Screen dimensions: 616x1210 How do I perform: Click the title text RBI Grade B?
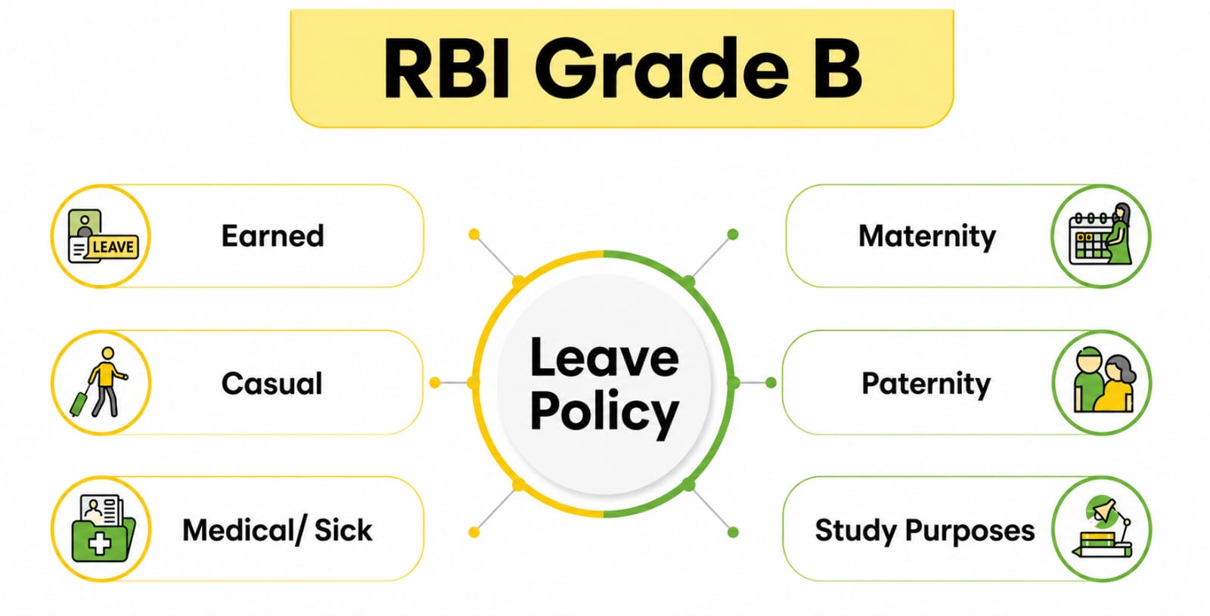(622, 68)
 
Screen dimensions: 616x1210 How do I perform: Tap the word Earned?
(272, 236)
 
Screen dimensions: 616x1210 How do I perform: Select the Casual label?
(271, 383)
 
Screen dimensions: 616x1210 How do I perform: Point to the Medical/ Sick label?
(277, 530)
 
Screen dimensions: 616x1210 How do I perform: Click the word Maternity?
(926, 236)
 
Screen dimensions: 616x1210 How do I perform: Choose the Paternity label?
(926, 383)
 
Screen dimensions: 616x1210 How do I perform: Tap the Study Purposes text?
(924, 530)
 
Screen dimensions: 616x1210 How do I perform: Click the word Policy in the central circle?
(603, 412)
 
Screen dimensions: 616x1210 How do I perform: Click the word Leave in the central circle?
(603, 358)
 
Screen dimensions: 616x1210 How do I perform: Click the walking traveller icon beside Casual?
(102, 382)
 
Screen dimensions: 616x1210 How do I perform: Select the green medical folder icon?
(101, 529)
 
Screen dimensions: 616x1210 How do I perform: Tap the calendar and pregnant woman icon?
(1101, 236)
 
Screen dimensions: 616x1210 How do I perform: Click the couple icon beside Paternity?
(1102, 382)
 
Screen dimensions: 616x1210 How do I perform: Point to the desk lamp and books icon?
(1102, 528)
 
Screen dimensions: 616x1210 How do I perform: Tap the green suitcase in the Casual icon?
(79, 403)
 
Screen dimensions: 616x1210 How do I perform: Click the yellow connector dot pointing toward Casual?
(435, 383)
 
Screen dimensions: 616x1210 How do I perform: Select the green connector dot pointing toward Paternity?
(771, 383)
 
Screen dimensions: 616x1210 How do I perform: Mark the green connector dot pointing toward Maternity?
(733, 234)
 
